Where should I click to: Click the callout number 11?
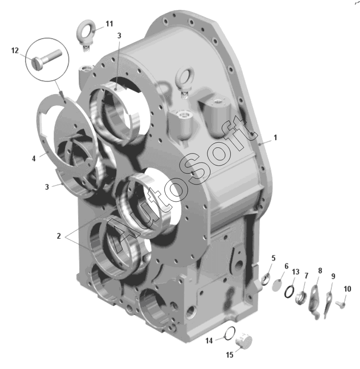(x=109, y=24)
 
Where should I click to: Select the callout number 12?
(x=15, y=50)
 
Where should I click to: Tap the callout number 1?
(x=275, y=138)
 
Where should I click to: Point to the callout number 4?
(x=34, y=159)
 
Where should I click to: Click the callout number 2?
(x=59, y=236)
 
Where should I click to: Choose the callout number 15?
(x=229, y=355)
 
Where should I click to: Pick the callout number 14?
(x=209, y=340)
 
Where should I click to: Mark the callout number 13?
(x=295, y=272)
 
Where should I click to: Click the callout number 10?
(x=347, y=289)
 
